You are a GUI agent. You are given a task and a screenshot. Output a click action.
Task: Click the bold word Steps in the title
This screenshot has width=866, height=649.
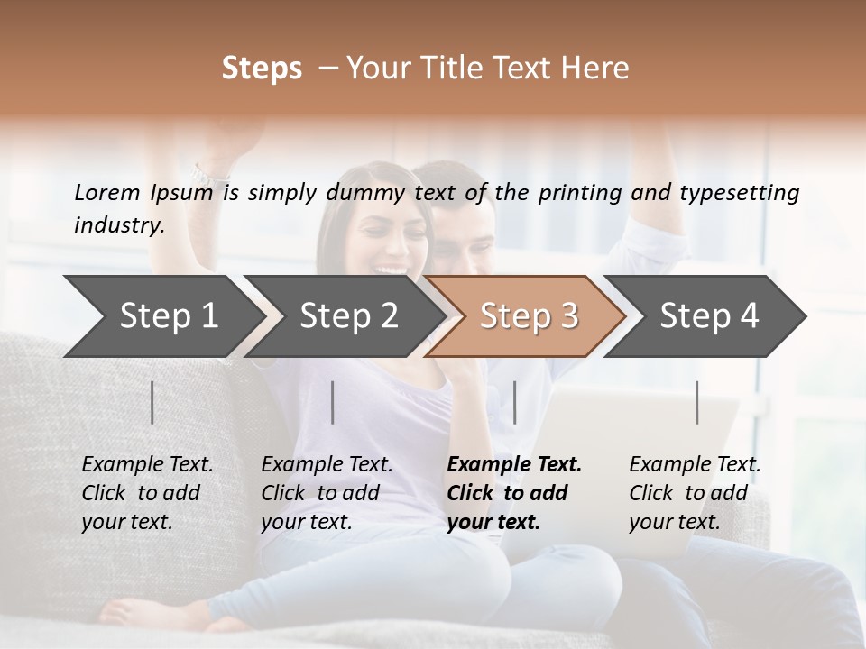point(262,69)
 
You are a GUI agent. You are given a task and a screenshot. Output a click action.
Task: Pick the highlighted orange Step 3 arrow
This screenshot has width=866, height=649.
point(529,316)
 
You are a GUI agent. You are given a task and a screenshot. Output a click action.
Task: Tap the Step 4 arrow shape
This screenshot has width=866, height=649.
point(709,316)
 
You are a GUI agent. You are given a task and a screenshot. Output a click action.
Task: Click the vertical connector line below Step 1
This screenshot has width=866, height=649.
point(152,402)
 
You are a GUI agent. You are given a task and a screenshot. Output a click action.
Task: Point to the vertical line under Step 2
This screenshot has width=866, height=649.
point(333,402)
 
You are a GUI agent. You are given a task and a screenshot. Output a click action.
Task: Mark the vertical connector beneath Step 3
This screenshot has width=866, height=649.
point(515,402)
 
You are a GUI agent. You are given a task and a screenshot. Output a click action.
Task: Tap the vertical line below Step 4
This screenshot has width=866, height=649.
point(697,402)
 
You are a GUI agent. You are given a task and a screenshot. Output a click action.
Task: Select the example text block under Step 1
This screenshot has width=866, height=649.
point(147,493)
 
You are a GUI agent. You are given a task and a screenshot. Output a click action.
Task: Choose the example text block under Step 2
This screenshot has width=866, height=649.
point(327,493)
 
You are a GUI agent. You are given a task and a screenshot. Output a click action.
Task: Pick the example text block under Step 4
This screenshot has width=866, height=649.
point(695,493)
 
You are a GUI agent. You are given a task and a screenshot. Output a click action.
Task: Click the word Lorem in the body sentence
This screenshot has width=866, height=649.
point(106,192)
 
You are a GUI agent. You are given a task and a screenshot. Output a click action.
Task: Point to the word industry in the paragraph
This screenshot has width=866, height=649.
point(119,225)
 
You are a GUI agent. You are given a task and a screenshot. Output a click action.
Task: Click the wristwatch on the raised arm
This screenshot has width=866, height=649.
point(209,173)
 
